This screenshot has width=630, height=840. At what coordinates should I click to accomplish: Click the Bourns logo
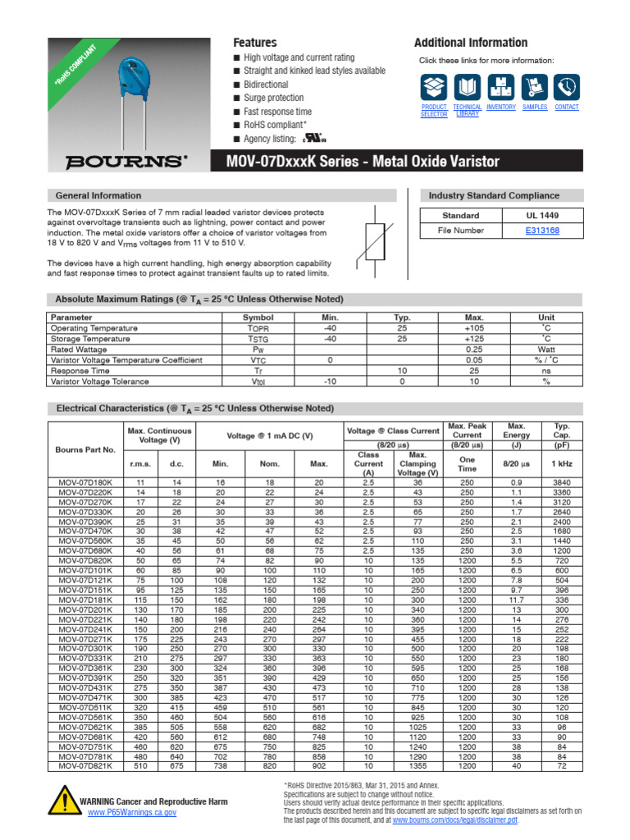coord(126,162)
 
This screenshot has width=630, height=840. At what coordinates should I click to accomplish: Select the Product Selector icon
coord(434,87)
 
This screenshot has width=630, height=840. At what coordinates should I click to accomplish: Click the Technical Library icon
coord(467,87)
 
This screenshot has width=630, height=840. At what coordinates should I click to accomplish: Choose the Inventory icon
coord(500,87)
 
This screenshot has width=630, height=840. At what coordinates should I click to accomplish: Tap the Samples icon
coord(534,87)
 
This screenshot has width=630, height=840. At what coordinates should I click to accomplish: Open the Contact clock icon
coord(566,87)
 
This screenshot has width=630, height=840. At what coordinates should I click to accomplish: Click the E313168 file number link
coord(542,231)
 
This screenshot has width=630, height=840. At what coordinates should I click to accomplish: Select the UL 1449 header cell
coord(542,216)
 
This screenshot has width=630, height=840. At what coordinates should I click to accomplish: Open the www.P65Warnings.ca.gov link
coord(132,812)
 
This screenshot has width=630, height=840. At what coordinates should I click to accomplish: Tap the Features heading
coord(255,43)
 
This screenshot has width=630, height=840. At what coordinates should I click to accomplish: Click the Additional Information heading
coord(470,43)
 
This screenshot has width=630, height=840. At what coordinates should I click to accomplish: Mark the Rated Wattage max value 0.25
coord(474,349)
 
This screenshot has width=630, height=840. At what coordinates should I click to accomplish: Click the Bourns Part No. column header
coord(85,450)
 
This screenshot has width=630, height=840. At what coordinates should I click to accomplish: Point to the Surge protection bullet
coord(273,98)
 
